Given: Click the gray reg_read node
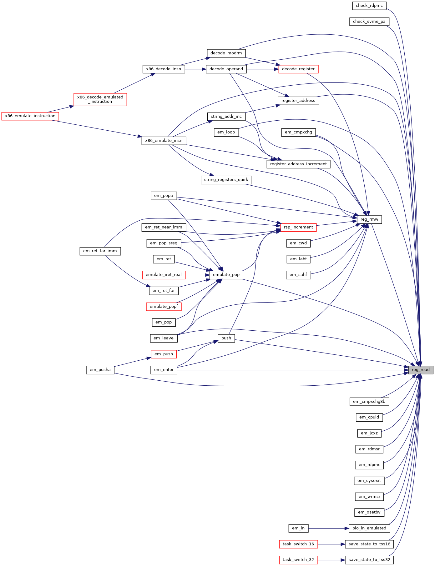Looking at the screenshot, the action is click(x=421, y=370).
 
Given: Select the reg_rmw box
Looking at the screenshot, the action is click(x=369, y=219).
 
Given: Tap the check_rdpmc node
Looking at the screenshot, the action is click(x=369, y=6).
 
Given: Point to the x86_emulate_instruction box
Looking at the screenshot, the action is click(x=30, y=116).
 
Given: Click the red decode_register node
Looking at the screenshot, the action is click(x=298, y=69).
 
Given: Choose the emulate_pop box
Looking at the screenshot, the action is click(x=226, y=275).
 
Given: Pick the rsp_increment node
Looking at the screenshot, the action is click(x=298, y=227).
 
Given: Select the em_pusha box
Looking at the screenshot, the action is click(x=100, y=370).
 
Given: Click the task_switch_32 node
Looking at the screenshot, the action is click(x=298, y=560).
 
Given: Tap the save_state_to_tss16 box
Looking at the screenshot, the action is click(x=369, y=544).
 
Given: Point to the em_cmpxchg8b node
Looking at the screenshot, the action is click(x=369, y=402).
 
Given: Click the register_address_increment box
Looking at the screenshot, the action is click(x=298, y=164).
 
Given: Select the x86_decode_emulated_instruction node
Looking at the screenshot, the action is click(x=100, y=99).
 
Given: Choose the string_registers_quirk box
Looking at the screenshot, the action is click(x=226, y=180).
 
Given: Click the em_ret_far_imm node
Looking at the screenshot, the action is click(x=100, y=251).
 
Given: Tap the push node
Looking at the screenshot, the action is click(x=226, y=338).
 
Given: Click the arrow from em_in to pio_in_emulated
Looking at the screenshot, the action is click(x=328, y=528).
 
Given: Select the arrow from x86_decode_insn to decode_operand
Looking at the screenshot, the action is click(x=195, y=69).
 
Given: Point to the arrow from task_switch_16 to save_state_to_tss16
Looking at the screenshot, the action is click(x=331, y=544).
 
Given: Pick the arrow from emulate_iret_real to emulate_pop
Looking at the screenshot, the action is click(x=197, y=275).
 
